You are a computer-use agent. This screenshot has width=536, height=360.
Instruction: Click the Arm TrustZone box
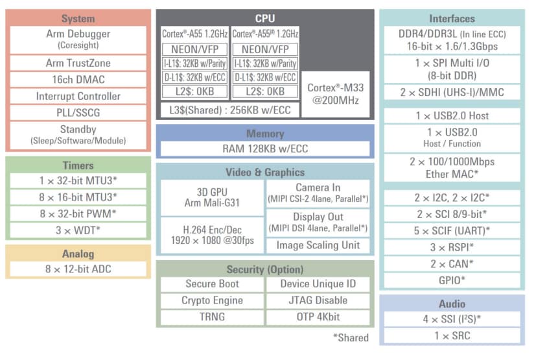tap(78, 63)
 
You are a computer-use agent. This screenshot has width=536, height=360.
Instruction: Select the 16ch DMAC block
tap(78, 79)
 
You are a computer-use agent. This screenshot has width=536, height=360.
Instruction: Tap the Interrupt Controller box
tap(78, 96)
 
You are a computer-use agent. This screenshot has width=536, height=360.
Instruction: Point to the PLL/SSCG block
tap(78, 112)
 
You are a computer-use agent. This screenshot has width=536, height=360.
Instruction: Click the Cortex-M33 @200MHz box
tap(335, 94)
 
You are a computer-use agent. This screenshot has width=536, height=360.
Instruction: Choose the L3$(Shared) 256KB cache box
tap(230, 110)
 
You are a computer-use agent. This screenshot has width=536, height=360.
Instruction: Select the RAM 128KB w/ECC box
tap(264, 149)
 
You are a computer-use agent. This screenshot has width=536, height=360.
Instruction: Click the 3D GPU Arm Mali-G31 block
tap(211, 198)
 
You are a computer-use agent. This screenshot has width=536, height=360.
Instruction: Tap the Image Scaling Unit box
tap(318, 245)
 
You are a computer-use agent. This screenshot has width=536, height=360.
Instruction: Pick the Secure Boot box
tap(211, 283)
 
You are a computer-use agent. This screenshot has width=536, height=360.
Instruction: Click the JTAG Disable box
tap(318, 300)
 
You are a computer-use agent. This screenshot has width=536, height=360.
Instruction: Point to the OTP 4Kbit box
tap(318, 317)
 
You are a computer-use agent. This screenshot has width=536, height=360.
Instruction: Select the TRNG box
tap(211, 317)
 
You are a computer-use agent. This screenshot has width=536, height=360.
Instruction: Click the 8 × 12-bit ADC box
tap(78, 269)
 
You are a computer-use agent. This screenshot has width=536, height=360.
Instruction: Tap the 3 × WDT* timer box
tap(78, 229)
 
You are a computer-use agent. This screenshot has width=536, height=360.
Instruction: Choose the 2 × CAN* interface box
tap(452, 263)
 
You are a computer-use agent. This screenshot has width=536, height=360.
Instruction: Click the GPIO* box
tap(452, 280)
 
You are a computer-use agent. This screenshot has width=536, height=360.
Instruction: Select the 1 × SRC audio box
tap(452, 335)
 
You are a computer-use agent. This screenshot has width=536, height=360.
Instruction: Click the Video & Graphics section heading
tap(264, 172)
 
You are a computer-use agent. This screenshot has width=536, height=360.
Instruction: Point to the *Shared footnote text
tap(351, 337)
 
